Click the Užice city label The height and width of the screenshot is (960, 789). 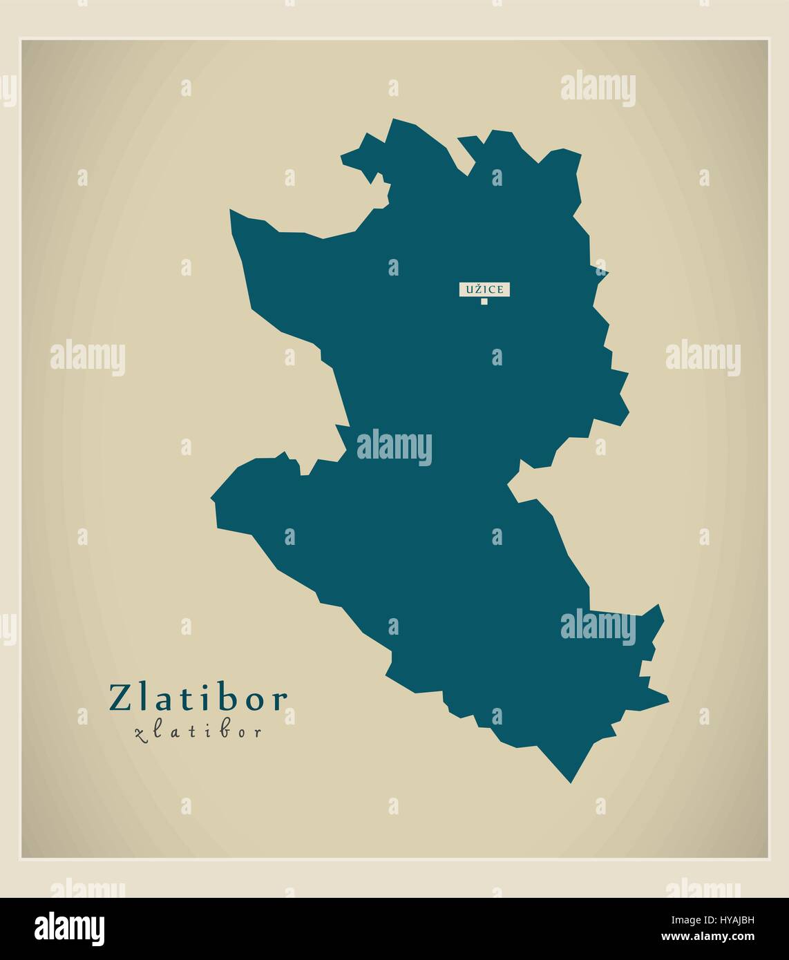tap(484, 289)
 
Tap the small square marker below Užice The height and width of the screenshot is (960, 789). tap(484, 301)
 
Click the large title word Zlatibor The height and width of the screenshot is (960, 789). tap(197, 698)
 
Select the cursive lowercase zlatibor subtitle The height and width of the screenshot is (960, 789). tap(198, 732)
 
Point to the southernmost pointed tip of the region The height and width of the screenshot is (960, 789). tap(571, 783)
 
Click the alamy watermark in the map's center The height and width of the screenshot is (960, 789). tap(394, 447)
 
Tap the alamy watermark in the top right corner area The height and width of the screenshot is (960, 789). tap(598, 89)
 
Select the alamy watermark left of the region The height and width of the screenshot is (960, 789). tap(88, 358)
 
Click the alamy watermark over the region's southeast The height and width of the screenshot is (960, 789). tap(598, 626)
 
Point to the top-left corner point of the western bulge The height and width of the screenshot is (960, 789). tap(231, 211)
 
